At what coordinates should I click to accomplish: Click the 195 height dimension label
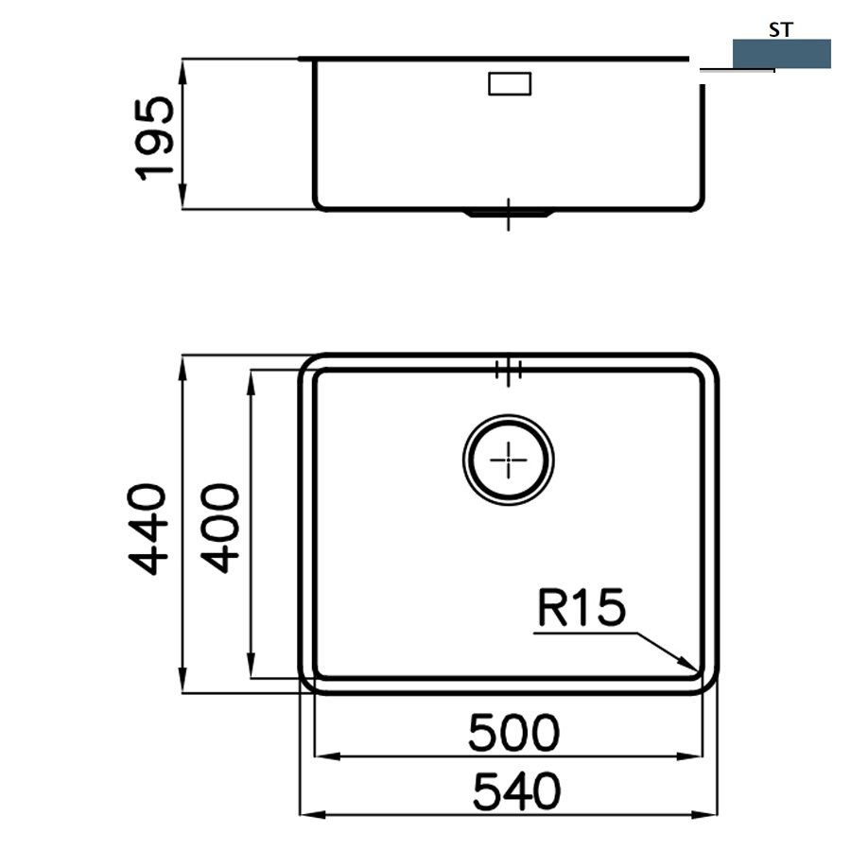[x=155, y=139]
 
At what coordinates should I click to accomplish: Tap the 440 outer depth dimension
[x=147, y=530]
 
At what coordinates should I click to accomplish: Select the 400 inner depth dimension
[x=219, y=529]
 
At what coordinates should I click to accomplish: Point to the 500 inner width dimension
[x=513, y=733]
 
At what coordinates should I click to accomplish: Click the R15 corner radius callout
[x=582, y=607]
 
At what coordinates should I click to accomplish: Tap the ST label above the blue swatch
[x=781, y=30]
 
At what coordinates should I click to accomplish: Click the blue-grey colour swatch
[x=782, y=53]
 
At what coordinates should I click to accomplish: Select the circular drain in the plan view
[x=509, y=460]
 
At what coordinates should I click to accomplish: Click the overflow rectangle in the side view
[x=510, y=83]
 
